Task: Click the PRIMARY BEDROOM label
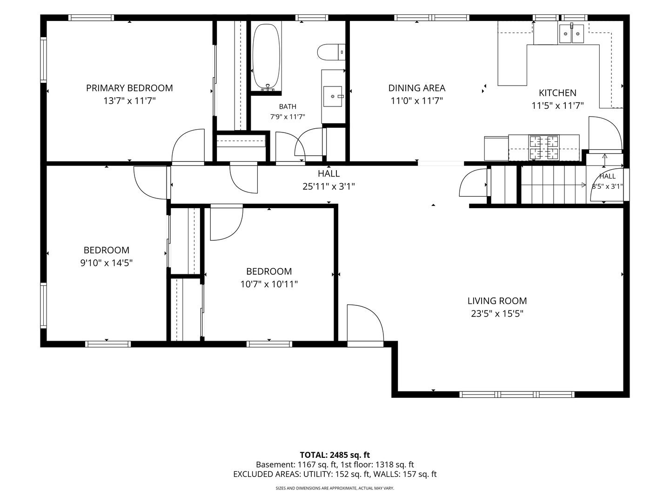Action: pyautogui.click(x=129, y=88)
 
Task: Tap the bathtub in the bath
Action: pyautogui.click(x=266, y=57)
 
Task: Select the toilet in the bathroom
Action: pyautogui.click(x=331, y=53)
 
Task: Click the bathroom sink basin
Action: pyautogui.click(x=333, y=96)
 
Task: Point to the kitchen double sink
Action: pyautogui.click(x=571, y=34)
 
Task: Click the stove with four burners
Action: pyautogui.click(x=544, y=147)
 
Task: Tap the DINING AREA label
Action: pyautogui.click(x=416, y=88)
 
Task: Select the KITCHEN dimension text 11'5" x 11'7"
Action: pyautogui.click(x=558, y=106)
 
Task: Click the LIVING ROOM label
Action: pyautogui.click(x=497, y=301)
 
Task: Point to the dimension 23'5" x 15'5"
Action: pyautogui.click(x=497, y=314)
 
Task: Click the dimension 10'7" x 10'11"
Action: pyautogui.click(x=269, y=284)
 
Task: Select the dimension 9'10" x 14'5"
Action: pyautogui.click(x=107, y=263)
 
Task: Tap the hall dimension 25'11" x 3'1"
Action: pyautogui.click(x=329, y=186)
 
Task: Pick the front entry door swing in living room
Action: pyautogui.click(x=365, y=323)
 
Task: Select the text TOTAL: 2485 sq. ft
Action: pyautogui.click(x=335, y=455)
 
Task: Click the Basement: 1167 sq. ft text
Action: pyautogui.click(x=296, y=465)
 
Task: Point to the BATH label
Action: pyautogui.click(x=288, y=107)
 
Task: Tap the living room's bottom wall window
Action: pyautogui.click(x=517, y=395)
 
